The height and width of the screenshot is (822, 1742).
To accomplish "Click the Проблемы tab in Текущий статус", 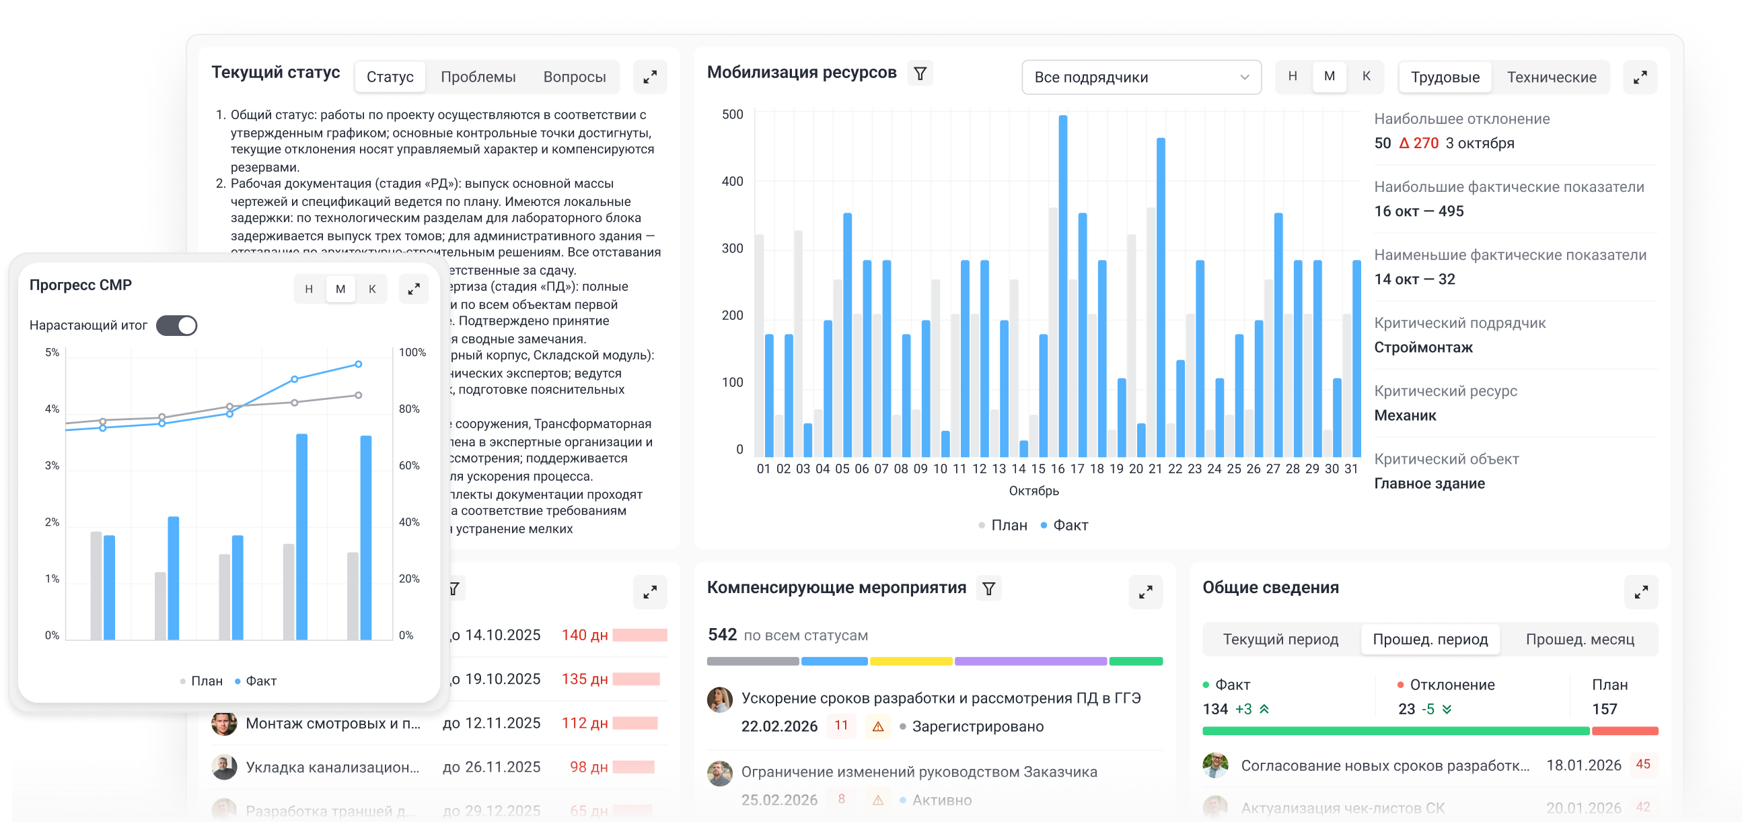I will [478, 77].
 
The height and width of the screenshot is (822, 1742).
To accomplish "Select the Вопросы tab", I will [574, 77].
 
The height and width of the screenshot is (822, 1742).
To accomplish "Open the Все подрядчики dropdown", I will [1141, 77].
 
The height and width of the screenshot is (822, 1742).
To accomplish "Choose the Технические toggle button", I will [1551, 77].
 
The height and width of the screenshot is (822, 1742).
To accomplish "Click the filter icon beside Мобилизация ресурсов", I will [920, 74].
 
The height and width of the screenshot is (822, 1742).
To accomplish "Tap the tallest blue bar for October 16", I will [1063, 284].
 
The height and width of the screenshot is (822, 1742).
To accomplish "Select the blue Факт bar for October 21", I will [1161, 298].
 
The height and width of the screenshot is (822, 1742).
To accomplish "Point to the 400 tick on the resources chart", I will [732, 181].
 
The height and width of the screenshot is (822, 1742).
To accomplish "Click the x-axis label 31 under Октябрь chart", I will [1350, 469].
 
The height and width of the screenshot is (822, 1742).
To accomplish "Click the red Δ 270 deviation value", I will [1419, 143].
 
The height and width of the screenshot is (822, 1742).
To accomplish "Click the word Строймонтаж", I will [1423, 348].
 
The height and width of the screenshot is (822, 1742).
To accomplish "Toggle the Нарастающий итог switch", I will [176, 325].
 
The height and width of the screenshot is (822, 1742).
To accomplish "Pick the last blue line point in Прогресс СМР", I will [359, 364].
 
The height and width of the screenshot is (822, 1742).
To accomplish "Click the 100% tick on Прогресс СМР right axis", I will [412, 353].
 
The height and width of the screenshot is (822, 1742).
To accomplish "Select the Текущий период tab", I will [1280, 640].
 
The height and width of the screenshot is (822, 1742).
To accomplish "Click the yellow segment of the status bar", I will [910, 661].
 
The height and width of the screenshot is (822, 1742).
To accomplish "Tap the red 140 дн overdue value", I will [584, 636].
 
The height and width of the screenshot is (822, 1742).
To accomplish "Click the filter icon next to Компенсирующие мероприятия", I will [988, 588].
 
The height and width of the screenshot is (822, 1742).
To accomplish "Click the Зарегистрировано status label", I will [977, 726].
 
